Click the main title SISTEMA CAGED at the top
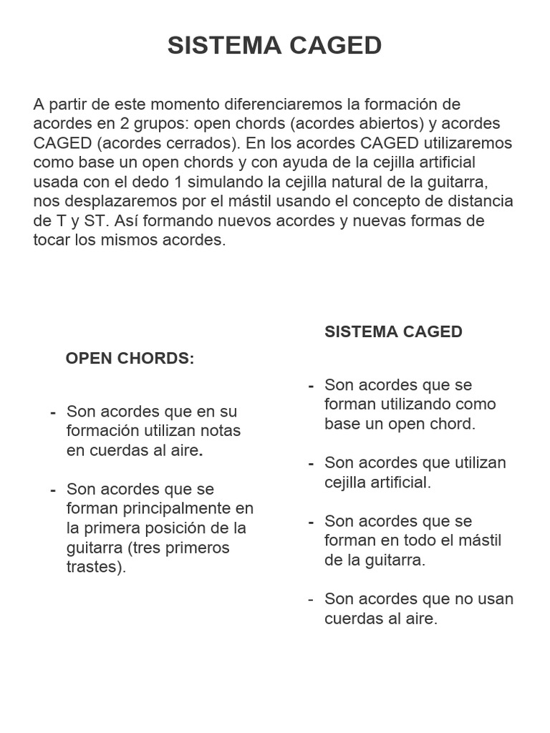click(x=274, y=46)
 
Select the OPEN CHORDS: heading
click(x=130, y=359)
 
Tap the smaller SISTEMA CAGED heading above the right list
click(x=393, y=332)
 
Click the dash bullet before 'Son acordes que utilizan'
click(x=311, y=463)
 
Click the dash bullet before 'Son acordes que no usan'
click(x=311, y=599)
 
